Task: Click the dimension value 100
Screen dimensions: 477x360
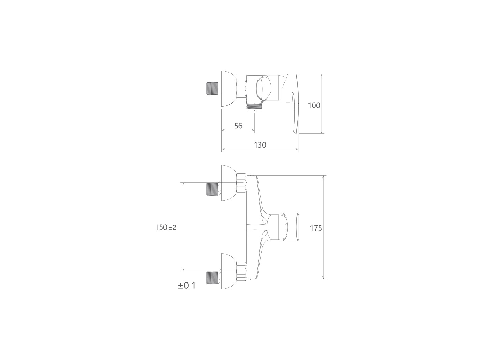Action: click(x=314, y=106)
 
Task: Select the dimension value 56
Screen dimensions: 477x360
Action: click(x=238, y=126)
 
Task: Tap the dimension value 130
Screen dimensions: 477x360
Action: click(x=260, y=145)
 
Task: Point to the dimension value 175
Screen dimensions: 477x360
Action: click(x=316, y=228)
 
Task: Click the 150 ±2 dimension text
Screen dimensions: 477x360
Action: click(x=165, y=227)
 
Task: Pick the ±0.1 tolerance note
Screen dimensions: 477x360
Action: click(x=187, y=286)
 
